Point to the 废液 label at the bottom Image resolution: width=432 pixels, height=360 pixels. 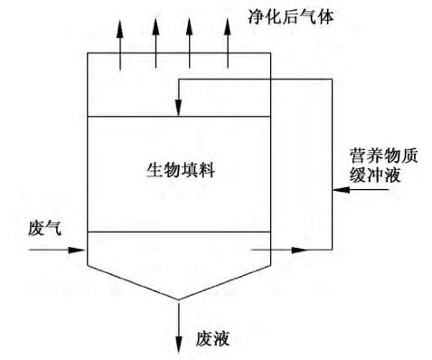click(x=213, y=339)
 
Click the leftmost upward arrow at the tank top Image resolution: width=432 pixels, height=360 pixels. click(x=120, y=27)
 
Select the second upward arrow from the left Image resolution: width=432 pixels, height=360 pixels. click(x=155, y=27)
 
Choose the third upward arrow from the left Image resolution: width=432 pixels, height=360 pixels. click(x=190, y=27)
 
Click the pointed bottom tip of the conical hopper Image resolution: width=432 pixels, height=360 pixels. click(x=179, y=298)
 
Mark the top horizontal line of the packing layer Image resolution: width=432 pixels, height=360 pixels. click(x=136, y=117)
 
